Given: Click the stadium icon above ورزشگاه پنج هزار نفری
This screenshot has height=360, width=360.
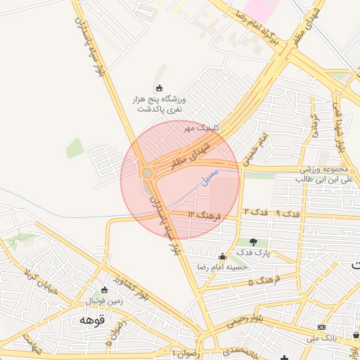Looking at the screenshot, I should (159, 88).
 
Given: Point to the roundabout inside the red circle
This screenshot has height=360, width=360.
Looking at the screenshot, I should (147, 172).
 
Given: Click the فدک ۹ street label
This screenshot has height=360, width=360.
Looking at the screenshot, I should (288, 212).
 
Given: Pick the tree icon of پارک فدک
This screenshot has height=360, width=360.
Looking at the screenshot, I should (252, 241).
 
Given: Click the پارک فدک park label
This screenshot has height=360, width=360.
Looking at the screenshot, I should (253, 252).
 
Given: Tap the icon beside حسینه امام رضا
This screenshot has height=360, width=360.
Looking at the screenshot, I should (223, 257).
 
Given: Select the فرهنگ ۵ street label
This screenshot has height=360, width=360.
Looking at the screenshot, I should (264, 280).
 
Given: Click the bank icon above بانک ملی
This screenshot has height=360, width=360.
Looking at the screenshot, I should (321, 327).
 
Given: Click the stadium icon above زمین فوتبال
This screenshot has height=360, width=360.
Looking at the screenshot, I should (105, 290).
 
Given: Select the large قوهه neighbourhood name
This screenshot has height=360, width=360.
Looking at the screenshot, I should (92, 319).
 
